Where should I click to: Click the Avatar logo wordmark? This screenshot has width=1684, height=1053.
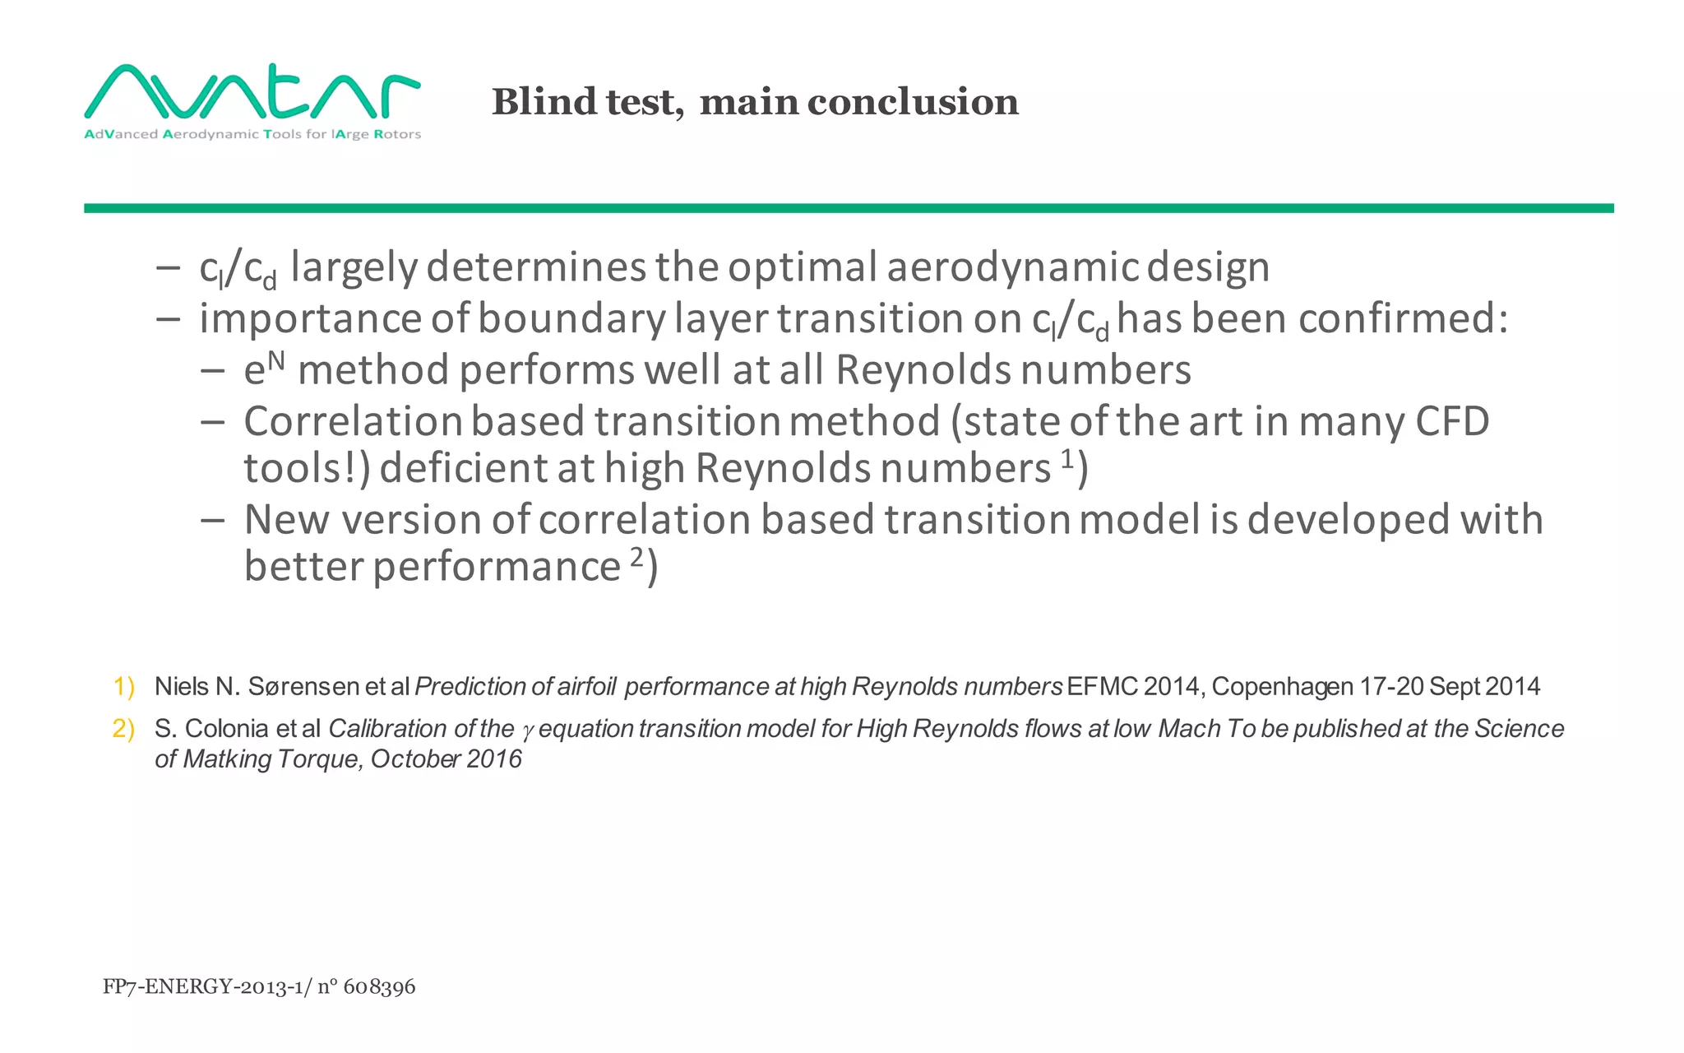point(252,92)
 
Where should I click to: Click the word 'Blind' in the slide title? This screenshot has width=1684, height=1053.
point(544,102)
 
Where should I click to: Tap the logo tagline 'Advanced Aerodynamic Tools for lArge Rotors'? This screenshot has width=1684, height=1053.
point(252,134)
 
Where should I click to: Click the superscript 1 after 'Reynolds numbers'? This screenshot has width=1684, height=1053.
point(1066,457)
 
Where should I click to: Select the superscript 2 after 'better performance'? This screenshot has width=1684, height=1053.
point(636,557)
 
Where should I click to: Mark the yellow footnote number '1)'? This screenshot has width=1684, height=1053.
point(124,686)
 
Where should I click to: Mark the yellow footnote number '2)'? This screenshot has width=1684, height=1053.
point(124,728)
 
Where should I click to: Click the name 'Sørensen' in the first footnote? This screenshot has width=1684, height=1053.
point(303,686)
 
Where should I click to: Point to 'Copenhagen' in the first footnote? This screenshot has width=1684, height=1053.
point(1282,686)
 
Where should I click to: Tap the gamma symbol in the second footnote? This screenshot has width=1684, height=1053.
point(527,730)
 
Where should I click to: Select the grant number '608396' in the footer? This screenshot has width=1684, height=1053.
point(379,986)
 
